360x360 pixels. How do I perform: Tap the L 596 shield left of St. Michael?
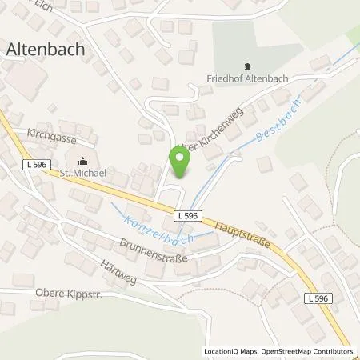point(33,164)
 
